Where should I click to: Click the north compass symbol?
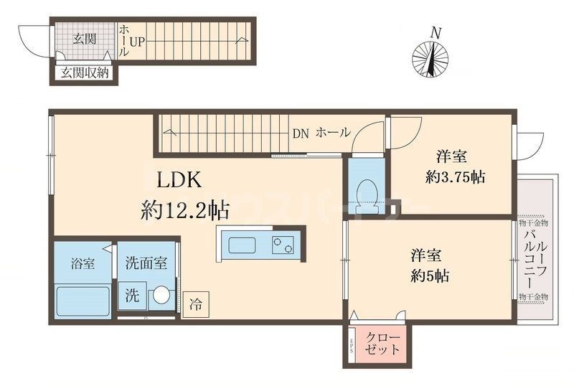pos(431,57)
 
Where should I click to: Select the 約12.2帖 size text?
pos(185,210)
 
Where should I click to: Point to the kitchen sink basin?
pos(243,245)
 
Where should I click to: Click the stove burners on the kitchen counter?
pos(282,245)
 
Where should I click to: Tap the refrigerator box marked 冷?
pos(195,303)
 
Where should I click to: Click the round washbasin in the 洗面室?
pos(162,295)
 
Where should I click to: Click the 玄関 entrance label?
pos(84,39)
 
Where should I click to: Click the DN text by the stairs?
pos(300,133)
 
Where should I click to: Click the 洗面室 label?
pos(146,263)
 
